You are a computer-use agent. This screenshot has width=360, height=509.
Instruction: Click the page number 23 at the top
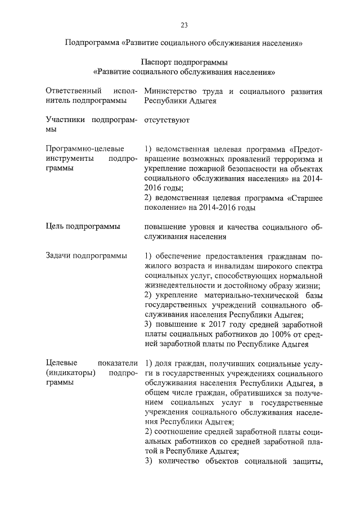(183, 25)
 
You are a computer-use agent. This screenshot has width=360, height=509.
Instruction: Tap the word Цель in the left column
(55, 227)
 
